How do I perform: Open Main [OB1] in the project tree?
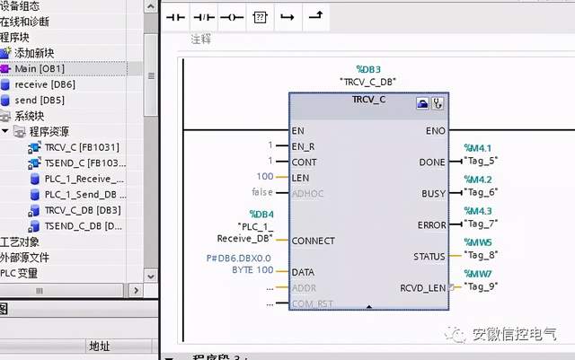[x=39, y=68]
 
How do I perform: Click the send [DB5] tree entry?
[x=39, y=100]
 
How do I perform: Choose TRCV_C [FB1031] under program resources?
[x=82, y=146]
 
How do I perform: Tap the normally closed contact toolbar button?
[x=206, y=17]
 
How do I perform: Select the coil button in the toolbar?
[x=233, y=17]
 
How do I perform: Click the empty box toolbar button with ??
[x=260, y=17]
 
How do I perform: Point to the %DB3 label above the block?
[x=369, y=69]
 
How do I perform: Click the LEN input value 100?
[x=265, y=176]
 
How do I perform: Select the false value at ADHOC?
[x=261, y=193]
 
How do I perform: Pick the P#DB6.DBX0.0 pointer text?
[x=239, y=259]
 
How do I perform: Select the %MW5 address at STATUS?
[x=478, y=243]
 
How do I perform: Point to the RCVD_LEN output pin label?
[x=422, y=287]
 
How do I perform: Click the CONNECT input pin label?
[x=314, y=241]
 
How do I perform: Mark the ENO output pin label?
[x=434, y=131]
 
